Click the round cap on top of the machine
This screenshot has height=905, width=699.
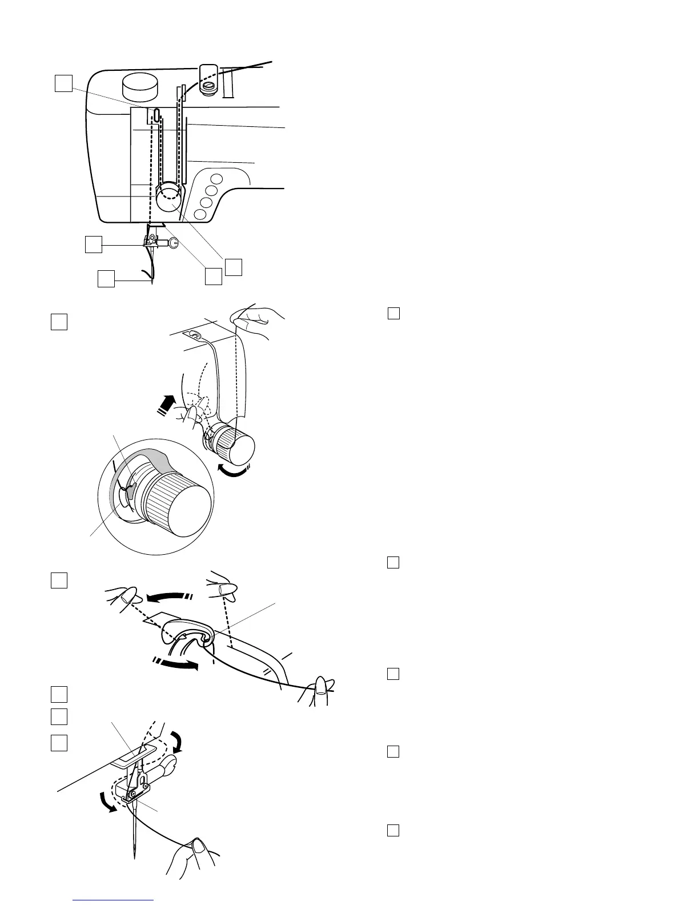[140, 86]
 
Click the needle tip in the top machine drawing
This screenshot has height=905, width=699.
[152, 282]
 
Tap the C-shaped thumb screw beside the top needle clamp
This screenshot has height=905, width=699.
[175, 242]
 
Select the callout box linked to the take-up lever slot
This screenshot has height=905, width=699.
[63, 83]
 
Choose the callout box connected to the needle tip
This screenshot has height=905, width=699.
[106, 279]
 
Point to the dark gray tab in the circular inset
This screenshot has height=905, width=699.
[130, 487]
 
